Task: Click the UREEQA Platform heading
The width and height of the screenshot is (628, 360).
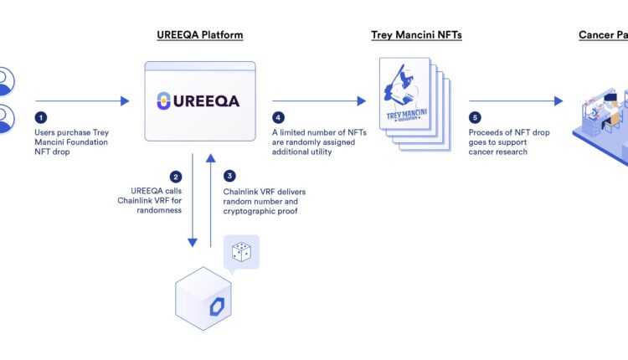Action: pos(200,35)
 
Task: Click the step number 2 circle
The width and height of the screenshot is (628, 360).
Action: pos(176,177)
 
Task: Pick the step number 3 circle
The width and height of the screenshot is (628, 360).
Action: pos(229,177)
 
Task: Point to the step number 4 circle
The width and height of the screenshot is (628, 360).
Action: pos(278,120)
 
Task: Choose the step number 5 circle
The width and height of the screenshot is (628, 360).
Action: pos(476,120)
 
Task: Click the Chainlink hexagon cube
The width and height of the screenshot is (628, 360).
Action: pos(203,300)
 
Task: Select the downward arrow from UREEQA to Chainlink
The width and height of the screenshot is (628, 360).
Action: pos(193,201)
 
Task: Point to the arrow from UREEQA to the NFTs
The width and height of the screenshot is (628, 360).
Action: pos(319,101)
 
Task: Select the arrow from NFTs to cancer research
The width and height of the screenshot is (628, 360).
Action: pos(516,101)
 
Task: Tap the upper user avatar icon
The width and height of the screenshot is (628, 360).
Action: pos(7,82)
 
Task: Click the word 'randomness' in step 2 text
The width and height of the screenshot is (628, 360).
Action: pos(159,212)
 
